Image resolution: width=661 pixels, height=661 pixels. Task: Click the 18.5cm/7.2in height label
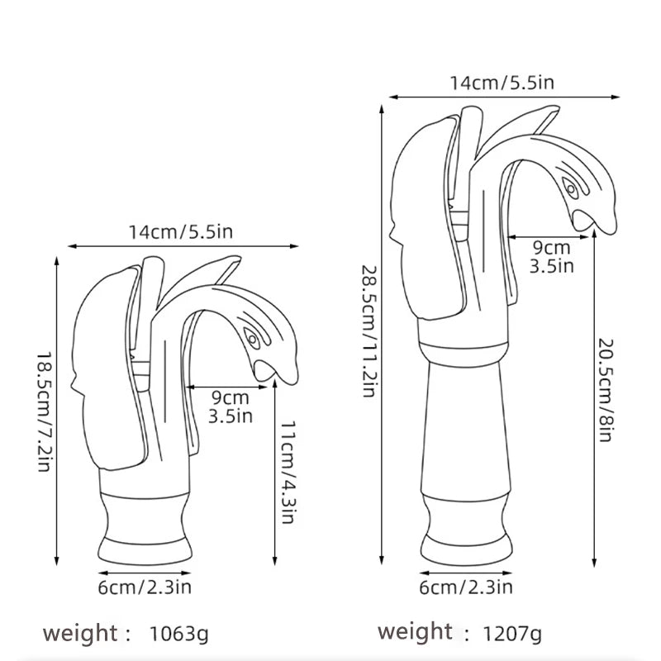tap(43, 410)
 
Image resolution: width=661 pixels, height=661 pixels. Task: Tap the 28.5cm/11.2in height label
tap(369, 330)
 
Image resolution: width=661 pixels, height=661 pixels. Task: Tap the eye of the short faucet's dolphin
tap(251, 339)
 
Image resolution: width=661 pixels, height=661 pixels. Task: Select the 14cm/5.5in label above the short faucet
tap(181, 232)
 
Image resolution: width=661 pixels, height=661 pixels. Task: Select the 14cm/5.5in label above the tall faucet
tap(502, 83)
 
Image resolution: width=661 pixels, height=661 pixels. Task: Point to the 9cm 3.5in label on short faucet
tap(231, 407)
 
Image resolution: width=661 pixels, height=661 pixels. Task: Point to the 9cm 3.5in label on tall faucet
tap(550, 255)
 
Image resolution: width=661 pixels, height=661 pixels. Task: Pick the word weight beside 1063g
tap(81, 634)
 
